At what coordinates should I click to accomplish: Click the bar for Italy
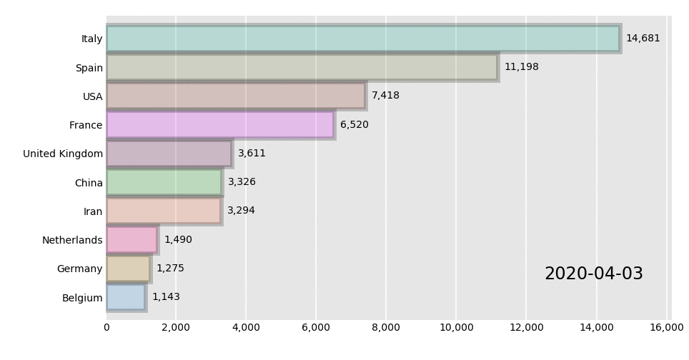pyautogui.click(x=363, y=39)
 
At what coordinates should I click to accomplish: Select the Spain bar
pyautogui.click(x=302, y=67)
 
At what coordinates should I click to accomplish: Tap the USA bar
pyautogui.click(x=236, y=96)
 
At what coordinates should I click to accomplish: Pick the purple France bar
pyautogui.click(x=220, y=125)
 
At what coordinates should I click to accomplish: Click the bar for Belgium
pyautogui.click(x=126, y=297)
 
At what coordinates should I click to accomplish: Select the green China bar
pyautogui.click(x=164, y=182)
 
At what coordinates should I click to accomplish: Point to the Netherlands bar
pyautogui.click(x=132, y=240)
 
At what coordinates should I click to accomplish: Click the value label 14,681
pyautogui.click(x=643, y=39)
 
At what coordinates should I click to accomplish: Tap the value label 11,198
pyautogui.click(x=521, y=67)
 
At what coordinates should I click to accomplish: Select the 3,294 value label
pyautogui.click(x=241, y=211)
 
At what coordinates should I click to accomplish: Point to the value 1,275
pyautogui.click(x=170, y=269)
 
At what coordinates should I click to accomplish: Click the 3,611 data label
pyautogui.click(x=252, y=154)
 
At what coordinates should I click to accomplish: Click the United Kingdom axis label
pyautogui.click(x=63, y=154)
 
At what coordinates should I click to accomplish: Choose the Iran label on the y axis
pyautogui.click(x=93, y=211)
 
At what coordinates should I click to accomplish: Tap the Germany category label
pyautogui.click(x=80, y=269)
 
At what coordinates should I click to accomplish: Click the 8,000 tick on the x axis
pyautogui.click(x=386, y=328)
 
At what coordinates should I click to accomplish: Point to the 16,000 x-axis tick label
pyautogui.click(x=666, y=328)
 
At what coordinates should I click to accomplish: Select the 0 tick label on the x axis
pyautogui.click(x=106, y=328)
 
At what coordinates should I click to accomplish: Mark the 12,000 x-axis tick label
pyautogui.click(x=526, y=328)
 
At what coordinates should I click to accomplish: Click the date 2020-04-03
pyautogui.click(x=593, y=274)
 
